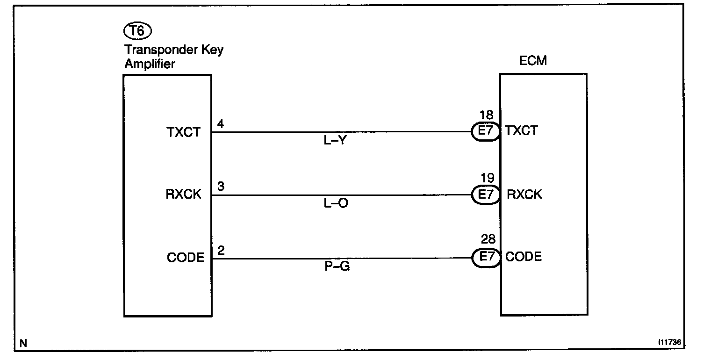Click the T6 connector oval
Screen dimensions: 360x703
coord(137,32)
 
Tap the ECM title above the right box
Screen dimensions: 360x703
coord(533,61)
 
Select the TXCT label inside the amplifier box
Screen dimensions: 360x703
coord(183,132)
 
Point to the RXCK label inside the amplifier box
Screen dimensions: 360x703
coord(183,195)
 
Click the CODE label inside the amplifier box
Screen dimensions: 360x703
coord(186,258)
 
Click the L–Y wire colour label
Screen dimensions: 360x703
coord(335,141)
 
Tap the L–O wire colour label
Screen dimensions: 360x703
coord(336,203)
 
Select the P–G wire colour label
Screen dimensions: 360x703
coord(336,267)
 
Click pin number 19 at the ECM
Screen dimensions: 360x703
coord(487,179)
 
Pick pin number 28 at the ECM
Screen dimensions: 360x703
coord(488,240)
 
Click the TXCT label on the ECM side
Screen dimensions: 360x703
coord(521,131)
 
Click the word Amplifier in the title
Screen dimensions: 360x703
coord(150,64)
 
